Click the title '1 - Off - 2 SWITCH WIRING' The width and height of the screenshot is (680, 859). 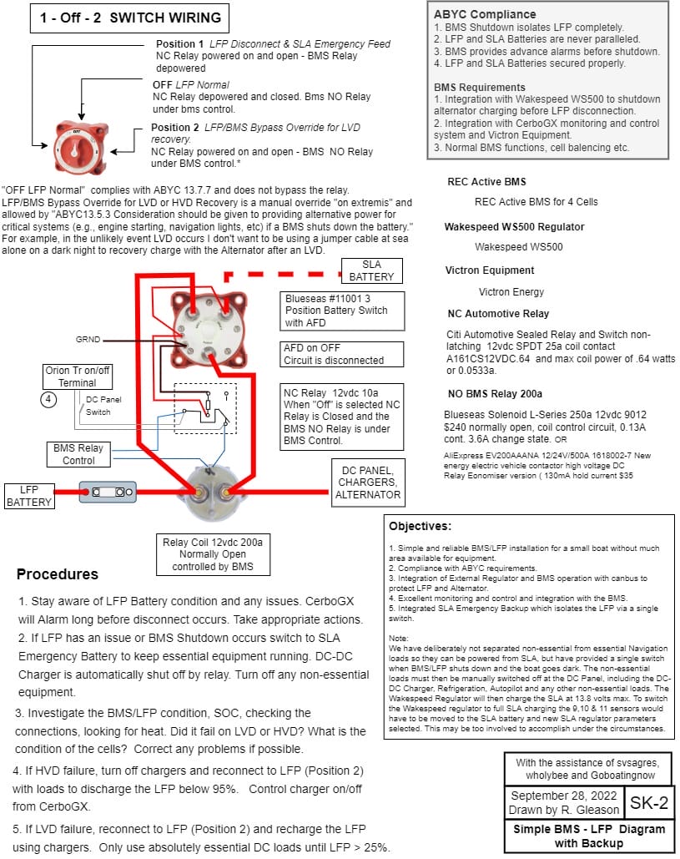pos(129,18)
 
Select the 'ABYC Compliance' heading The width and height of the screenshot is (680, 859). pos(485,14)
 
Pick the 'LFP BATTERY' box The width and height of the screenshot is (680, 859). pos(29,495)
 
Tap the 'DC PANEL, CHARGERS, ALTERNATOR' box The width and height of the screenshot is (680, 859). pos(367,482)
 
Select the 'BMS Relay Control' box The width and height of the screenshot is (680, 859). pos(78,454)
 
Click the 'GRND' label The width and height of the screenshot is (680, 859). pos(88,341)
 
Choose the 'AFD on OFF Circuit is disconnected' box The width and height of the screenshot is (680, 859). pos(333,354)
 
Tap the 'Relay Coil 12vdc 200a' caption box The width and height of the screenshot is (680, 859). pos(217,555)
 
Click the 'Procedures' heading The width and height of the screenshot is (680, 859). pos(57,574)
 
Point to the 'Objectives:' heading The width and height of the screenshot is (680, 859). pos(420,527)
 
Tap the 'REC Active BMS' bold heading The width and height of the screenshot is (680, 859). pos(486,181)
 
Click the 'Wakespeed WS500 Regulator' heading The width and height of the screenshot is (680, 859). pos(514,226)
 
